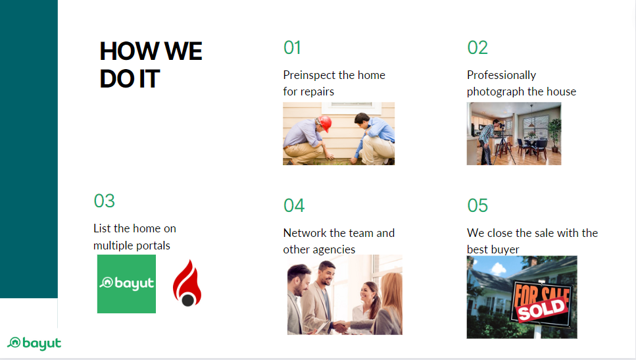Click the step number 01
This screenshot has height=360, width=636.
(x=292, y=48)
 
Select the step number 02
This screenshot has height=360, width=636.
(x=477, y=48)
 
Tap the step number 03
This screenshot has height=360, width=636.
(x=104, y=201)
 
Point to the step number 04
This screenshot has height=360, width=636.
(x=294, y=205)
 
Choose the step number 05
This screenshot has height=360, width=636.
(x=477, y=205)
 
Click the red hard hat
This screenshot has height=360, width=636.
(x=326, y=123)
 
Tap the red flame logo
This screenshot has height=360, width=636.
(x=187, y=283)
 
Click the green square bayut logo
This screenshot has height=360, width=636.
(x=126, y=284)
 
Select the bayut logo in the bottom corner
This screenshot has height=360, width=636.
(x=34, y=344)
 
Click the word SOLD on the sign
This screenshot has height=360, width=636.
(x=541, y=309)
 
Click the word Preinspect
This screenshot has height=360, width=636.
(x=309, y=75)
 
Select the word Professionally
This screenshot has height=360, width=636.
(x=501, y=75)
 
